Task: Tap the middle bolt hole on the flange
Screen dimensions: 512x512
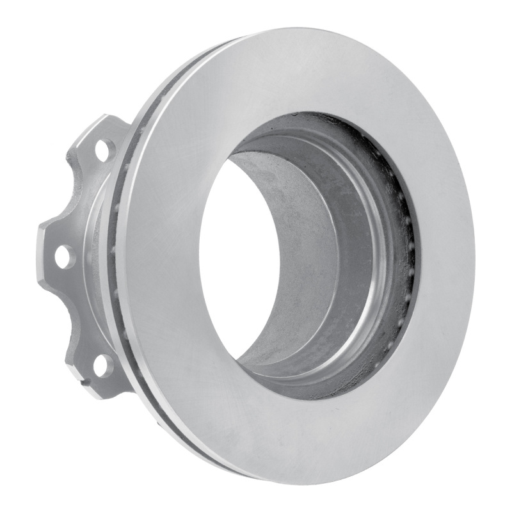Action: [x=64, y=257]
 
